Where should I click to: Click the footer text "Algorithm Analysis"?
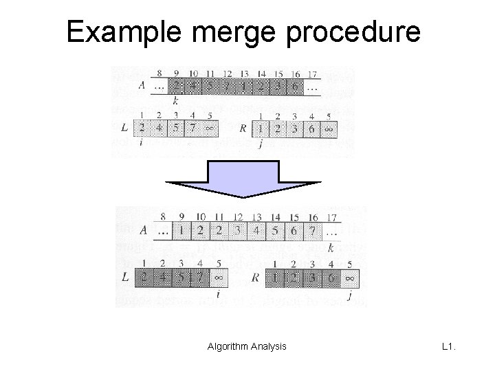point(247,347)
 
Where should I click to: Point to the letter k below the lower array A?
point(331,247)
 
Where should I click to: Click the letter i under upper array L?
point(141,142)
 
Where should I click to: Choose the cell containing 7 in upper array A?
point(227,87)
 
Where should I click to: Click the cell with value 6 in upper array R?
point(312,128)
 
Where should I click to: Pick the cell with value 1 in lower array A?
point(180,232)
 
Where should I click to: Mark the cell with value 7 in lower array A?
point(313,232)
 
